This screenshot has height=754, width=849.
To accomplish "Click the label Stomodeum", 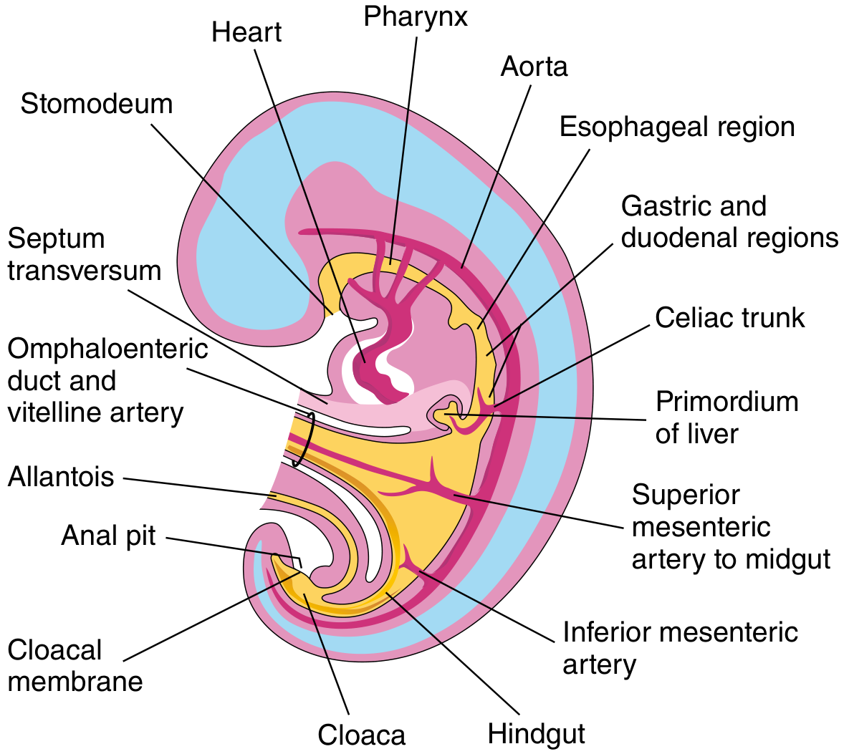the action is (x=97, y=104).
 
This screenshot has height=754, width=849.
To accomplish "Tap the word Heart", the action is (x=246, y=32).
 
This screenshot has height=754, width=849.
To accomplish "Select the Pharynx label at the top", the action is (x=416, y=17).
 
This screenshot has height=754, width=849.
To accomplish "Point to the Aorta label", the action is (x=534, y=67).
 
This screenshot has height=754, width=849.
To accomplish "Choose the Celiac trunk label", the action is (x=730, y=318).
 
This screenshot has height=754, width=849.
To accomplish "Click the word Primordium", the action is (x=726, y=402).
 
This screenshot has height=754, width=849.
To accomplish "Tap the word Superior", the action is (x=686, y=496).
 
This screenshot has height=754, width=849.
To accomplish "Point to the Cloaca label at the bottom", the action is (x=361, y=735).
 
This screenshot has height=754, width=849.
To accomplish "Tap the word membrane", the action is (x=75, y=682).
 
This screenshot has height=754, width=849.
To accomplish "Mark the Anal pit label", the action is (x=108, y=536).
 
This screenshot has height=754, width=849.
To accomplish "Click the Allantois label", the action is (x=61, y=477).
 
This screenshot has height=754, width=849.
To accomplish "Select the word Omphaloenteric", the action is (x=107, y=349).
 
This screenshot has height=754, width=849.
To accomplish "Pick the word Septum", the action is (x=57, y=239).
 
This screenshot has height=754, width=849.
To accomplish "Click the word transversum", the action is (x=85, y=271).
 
